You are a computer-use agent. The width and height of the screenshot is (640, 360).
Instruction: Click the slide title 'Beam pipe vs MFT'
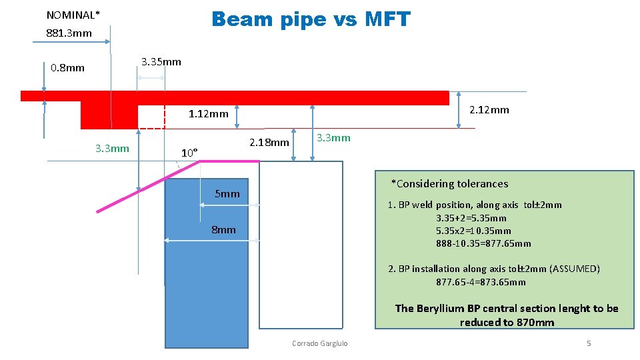311,19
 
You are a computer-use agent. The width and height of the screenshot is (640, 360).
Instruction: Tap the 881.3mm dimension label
69,33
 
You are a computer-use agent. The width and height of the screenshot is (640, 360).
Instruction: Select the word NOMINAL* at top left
73,15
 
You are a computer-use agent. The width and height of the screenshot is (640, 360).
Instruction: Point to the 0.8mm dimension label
68,67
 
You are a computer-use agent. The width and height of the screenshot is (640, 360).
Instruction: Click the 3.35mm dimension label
161,62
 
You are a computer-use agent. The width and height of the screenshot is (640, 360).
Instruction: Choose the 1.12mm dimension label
208,114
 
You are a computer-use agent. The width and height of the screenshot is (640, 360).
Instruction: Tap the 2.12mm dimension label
489,109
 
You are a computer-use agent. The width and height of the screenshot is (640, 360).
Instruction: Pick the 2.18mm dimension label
269,142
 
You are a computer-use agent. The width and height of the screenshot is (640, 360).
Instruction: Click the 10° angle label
190,153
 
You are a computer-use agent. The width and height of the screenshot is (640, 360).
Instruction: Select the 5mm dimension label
227,194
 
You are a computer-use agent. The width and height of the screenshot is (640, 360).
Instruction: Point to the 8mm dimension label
223,229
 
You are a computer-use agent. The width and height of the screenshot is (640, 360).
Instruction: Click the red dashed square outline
151,117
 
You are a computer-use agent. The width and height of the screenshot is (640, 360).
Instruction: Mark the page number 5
588,343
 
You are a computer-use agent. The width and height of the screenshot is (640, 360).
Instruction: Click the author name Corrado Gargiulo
320,343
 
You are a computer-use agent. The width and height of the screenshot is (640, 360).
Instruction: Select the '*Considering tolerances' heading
449,184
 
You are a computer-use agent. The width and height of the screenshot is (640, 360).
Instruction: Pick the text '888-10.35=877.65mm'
484,243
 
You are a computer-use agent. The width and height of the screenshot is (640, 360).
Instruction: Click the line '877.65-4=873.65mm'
481,282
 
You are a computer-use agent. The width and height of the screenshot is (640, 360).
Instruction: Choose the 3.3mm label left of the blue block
112,148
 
